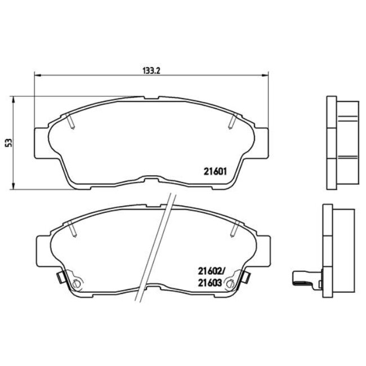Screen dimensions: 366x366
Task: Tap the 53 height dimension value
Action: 8,143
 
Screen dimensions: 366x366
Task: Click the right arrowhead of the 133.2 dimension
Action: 266,75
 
